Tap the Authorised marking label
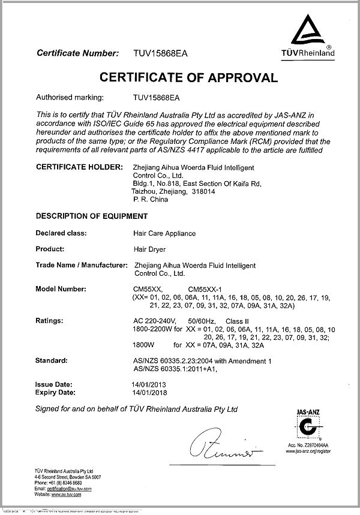click(x=70, y=96)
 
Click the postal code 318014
click(x=206, y=191)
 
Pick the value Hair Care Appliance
click(x=164, y=233)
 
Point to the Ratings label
click(x=50, y=322)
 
